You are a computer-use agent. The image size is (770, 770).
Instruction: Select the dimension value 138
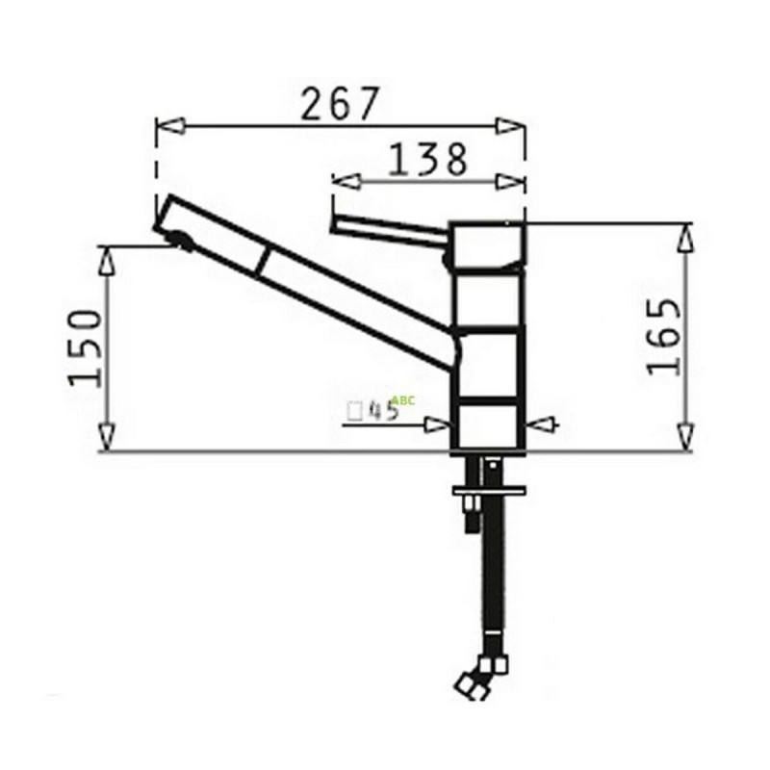coord(427,160)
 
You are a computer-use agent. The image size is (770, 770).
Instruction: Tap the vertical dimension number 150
coord(87,346)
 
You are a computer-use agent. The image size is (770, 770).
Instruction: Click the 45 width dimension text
coord(384,411)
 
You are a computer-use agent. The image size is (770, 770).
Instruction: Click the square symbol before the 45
coord(354,411)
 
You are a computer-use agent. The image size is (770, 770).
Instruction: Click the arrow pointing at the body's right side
coord(541,423)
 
